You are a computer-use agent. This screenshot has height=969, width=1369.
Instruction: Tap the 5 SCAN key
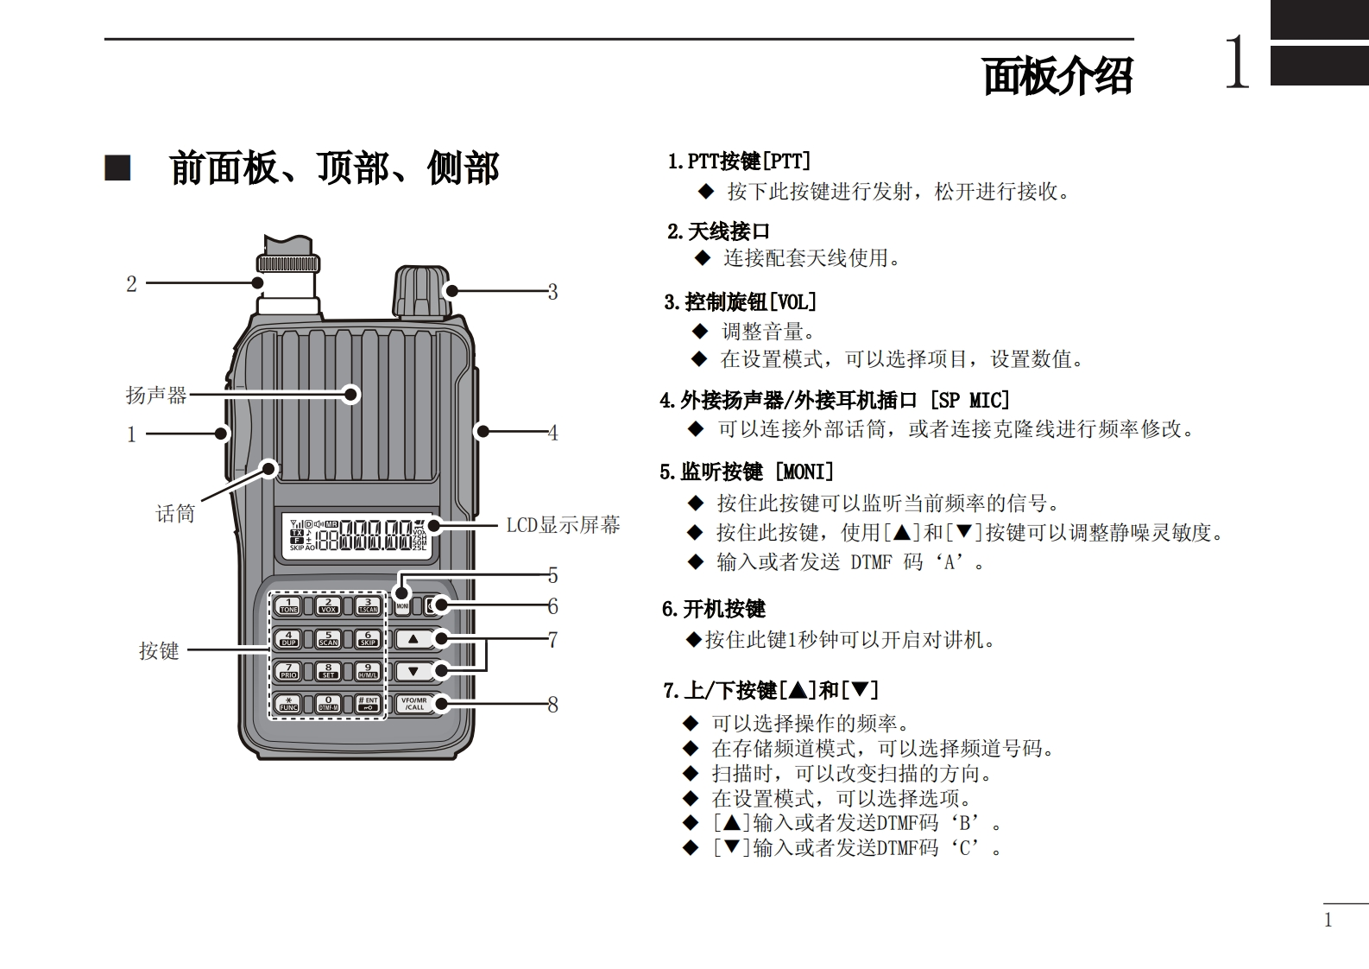(328, 639)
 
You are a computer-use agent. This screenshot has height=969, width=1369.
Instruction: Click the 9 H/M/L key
(368, 671)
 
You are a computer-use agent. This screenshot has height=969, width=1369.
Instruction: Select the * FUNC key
(288, 703)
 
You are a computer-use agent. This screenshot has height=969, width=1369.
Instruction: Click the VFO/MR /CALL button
(414, 703)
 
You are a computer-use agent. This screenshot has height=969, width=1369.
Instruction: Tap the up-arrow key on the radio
(413, 639)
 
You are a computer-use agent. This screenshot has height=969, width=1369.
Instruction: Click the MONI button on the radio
(402, 605)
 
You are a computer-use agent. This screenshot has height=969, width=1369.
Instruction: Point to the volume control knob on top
(421, 292)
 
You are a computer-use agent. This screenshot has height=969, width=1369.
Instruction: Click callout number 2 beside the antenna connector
(131, 284)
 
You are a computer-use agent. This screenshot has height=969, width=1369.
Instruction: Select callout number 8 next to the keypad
(552, 705)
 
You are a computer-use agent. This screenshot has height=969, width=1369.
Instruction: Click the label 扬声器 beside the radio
(156, 396)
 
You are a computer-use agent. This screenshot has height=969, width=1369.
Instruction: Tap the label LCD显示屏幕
(563, 525)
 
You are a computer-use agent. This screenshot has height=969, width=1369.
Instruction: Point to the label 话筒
(175, 514)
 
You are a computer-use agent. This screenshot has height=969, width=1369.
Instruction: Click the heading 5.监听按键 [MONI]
(747, 472)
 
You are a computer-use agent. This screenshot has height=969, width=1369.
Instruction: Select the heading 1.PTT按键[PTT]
(739, 161)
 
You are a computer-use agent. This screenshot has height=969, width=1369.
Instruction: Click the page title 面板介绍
(1057, 77)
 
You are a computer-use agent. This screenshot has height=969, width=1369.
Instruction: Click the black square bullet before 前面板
(117, 168)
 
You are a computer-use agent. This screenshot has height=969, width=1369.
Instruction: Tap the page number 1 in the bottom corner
(1328, 921)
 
